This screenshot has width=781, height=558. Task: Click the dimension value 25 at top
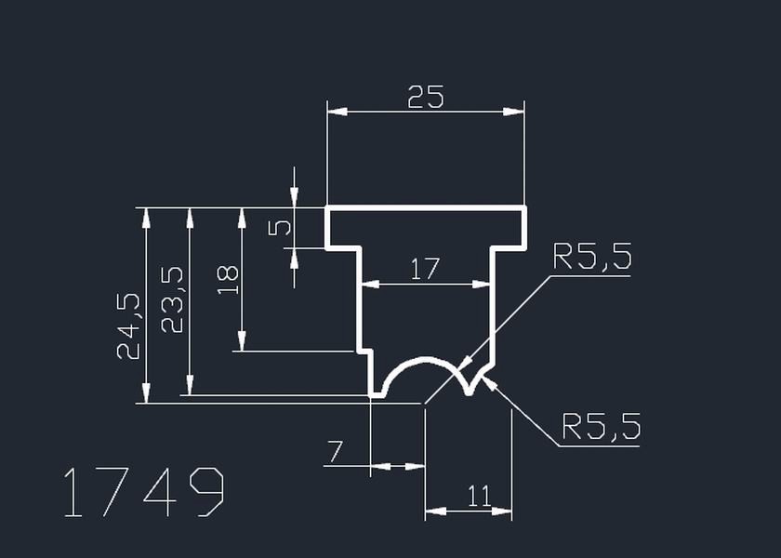click(x=425, y=97)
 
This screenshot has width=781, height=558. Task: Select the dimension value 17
click(x=424, y=270)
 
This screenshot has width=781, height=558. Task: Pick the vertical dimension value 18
click(x=228, y=279)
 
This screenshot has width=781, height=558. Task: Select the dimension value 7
click(x=334, y=453)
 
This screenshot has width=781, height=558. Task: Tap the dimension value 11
click(x=479, y=497)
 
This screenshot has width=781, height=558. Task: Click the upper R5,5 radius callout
click(x=592, y=257)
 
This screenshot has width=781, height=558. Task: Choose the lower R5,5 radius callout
click(x=602, y=427)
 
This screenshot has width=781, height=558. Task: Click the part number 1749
click(x=143, y=492)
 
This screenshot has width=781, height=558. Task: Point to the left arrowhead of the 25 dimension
click(x=337, y=112)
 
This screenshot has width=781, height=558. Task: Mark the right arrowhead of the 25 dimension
click(x=515, y=112)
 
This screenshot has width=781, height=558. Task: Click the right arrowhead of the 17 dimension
click(x=483, y=285)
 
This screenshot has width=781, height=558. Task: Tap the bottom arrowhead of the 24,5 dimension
click(x=146, y=394)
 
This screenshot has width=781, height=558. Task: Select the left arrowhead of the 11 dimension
click(x=434, y=511)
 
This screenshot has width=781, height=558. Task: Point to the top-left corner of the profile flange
click(x=327, y=208)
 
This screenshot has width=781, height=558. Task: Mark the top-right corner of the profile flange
click(x=525, y=208)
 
